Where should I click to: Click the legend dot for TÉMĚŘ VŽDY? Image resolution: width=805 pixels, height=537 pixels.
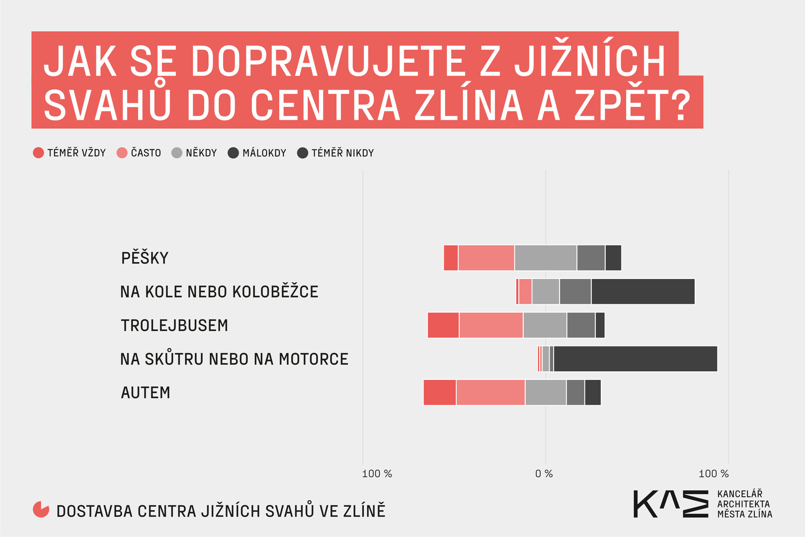click(38, 153)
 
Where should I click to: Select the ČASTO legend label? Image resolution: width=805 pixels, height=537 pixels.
click(146, 153)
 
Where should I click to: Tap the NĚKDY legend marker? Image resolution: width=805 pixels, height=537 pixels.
click(177, 153)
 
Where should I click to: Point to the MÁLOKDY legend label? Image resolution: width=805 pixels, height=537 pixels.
click(264, 153)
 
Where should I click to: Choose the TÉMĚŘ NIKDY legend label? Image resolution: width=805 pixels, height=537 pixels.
click(342, 153)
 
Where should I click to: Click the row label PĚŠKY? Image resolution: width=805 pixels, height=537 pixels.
click(145, 258)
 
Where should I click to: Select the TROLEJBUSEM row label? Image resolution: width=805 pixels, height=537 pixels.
click(174, 325)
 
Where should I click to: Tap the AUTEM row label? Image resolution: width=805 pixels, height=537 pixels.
click(146, 393)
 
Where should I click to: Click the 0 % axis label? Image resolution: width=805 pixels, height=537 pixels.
click(544, 474)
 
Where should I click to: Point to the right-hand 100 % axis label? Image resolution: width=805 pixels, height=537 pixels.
click(714, 474)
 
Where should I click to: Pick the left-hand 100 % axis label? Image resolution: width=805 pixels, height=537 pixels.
click(377, 474)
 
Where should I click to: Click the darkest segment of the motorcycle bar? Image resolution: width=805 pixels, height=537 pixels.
click(635, 358)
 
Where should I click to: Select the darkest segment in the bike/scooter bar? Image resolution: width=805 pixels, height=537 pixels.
click(643, 291)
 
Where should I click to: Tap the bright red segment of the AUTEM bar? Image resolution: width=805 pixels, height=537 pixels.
click(440, 392)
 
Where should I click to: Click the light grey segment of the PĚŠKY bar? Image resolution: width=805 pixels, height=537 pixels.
click(545, 258)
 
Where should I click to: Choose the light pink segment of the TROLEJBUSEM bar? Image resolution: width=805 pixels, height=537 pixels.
click(491, 325)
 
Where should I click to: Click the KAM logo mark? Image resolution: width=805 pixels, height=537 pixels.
click(671, 504)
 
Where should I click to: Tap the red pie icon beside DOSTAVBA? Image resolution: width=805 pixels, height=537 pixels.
click(41, 509)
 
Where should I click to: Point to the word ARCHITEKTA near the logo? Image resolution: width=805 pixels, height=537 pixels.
click(743, 504)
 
